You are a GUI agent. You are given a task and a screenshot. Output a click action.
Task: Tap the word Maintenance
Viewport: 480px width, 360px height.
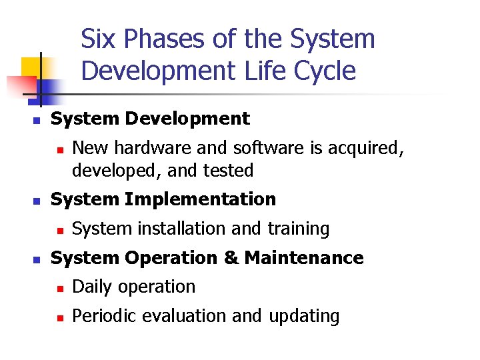click(304, 258)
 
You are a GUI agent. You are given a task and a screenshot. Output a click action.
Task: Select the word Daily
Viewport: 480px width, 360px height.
click(91, 287)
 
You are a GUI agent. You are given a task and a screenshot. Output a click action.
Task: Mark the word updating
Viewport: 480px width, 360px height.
click(304, 316)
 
